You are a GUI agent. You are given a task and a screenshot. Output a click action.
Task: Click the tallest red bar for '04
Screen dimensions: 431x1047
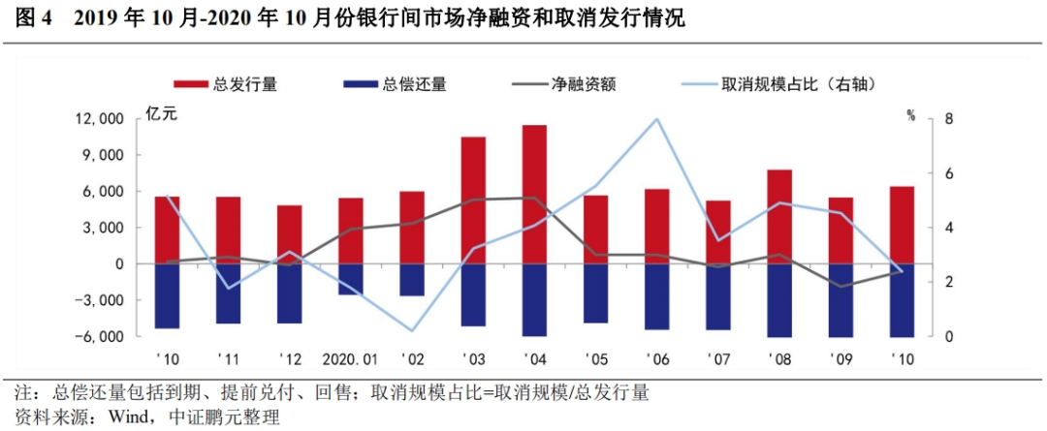point(533,194)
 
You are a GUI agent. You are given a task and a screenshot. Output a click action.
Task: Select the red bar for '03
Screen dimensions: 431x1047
point(473,200)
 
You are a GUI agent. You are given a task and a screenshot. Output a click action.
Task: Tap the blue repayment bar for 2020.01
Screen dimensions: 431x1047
point(350,279)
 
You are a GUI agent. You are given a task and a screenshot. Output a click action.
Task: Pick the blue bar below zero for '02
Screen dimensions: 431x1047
point(412,280)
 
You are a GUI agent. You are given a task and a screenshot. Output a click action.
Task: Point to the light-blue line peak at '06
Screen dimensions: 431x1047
point(657,119)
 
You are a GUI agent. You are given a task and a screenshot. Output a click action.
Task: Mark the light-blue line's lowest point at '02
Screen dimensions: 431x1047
point(412,331)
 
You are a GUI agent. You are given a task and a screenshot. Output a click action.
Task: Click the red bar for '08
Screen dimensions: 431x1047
point(778,216)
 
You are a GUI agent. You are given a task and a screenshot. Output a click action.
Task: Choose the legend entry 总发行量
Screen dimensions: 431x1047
point(226,83)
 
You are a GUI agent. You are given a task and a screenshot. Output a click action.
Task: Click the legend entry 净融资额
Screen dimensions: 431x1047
point(563,83)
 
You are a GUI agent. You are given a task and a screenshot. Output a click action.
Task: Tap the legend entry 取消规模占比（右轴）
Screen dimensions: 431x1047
point(776,83)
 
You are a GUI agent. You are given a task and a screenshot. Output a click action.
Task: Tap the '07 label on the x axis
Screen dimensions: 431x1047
point(718,359)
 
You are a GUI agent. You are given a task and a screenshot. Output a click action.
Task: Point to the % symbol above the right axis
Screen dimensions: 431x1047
point(911,114)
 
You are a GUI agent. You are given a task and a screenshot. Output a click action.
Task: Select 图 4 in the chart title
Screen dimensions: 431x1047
point(36,18)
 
